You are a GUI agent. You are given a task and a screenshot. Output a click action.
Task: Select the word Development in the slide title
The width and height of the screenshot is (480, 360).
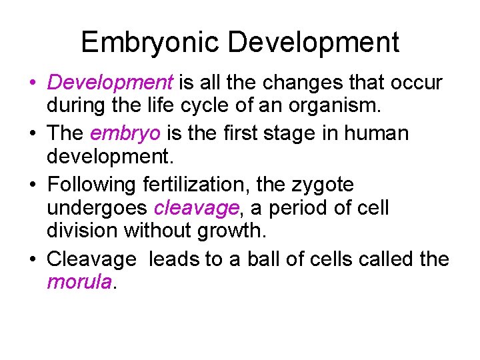coord(313,43)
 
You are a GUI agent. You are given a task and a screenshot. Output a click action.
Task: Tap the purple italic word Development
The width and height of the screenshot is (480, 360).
coord(110,83)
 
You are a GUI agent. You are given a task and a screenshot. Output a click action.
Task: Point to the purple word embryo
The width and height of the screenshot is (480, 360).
coord(125,133)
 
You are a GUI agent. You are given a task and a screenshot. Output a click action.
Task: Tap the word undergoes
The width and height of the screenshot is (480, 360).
coord(97,208)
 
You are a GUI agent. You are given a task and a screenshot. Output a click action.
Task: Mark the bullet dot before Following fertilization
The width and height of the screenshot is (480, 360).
coord(32,183)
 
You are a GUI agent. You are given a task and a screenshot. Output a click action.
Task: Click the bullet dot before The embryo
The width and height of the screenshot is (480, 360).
coord(32,133)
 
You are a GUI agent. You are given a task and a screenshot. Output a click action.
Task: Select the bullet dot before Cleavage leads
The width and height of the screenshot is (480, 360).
coord(32,259)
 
